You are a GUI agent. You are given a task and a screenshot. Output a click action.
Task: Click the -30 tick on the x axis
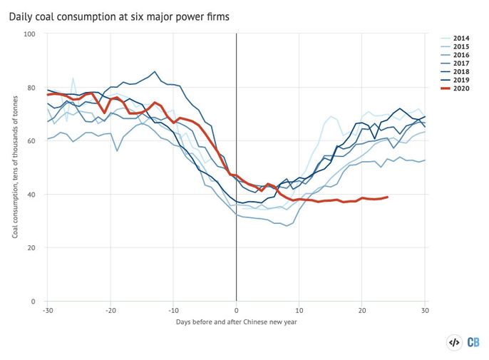click(47, 311)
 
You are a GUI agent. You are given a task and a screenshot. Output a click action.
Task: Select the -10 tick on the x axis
click(173, 311)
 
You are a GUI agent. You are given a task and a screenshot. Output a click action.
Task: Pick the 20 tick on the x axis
click(362, 311)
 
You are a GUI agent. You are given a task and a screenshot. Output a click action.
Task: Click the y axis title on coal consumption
click(15, 168)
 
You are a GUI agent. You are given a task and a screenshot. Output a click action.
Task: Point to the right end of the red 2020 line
click(387, 197)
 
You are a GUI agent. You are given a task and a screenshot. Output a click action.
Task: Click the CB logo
click(473, 343)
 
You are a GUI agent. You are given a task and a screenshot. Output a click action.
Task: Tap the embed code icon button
click(454, 343)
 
